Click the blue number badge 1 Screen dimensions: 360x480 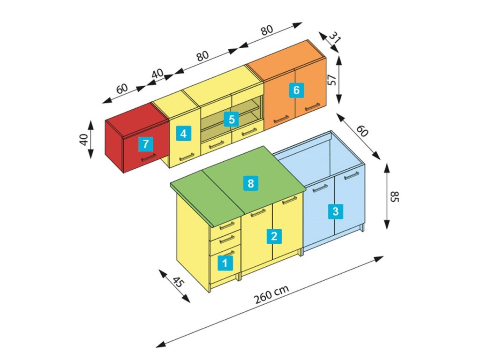[225, 263]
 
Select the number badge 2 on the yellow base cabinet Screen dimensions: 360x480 [274, 236]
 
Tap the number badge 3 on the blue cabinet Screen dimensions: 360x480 [335, 211]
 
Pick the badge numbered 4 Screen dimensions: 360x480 [183, 134]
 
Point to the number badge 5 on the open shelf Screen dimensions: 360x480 [231, 119]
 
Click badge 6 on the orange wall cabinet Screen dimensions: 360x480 [296, 89]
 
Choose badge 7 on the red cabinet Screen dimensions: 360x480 [146, 143]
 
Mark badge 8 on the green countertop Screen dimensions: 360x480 [250, 183]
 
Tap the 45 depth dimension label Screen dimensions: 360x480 [178, 282]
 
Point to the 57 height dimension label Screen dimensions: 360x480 [331, 80]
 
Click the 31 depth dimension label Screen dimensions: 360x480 [333, 37]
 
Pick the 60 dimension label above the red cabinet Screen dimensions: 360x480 [121, 88]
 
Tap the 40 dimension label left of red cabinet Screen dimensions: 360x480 [84, 139]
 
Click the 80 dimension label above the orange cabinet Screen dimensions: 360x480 [267, 30]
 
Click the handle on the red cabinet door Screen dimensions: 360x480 [148, 157]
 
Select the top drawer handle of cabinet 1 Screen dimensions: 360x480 [227, 226]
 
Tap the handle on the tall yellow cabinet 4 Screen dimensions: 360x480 [187, 157]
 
